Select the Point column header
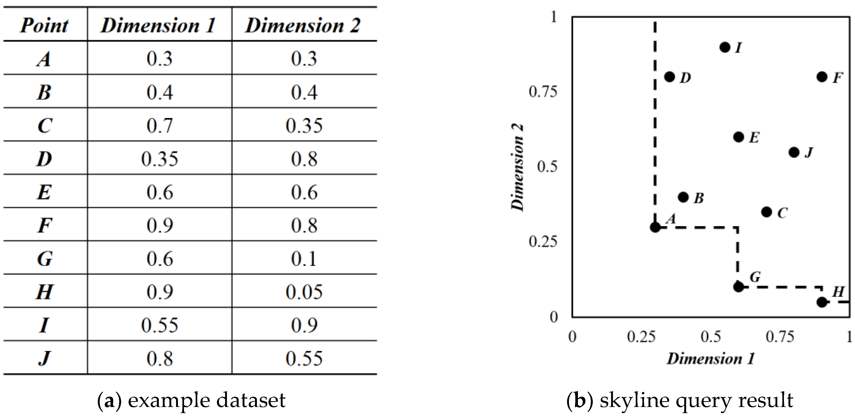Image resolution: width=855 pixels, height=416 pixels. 45,25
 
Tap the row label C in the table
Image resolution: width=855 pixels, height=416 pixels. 45,126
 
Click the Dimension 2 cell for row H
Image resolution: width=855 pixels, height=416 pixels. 304,292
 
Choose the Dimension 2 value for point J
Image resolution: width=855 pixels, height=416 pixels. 304,358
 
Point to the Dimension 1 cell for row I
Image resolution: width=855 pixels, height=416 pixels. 159,325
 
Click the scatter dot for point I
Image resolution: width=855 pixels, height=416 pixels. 725,47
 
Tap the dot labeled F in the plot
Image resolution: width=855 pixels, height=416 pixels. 822,77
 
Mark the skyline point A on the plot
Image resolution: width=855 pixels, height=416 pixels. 655,227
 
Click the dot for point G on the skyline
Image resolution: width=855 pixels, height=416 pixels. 738,287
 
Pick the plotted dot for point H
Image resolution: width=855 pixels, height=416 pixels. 822,302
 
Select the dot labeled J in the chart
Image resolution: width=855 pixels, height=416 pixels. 794,153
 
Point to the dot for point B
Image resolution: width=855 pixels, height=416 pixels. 683,197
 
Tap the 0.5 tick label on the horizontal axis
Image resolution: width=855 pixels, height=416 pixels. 711,337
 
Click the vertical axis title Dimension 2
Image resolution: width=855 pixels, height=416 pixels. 517,167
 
